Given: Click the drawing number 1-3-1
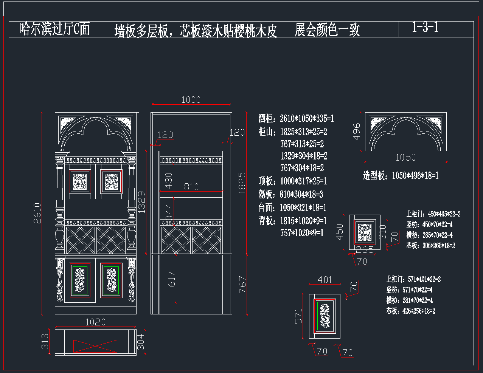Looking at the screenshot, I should click(425, 27).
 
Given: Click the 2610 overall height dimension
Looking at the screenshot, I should click(37, 213).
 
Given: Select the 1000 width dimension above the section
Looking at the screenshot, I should click(191, 99).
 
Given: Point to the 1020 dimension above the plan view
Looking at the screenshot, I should click(95, 322).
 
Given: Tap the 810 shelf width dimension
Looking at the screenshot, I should click(191, 187).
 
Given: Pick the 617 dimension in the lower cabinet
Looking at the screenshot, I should click(171, 279).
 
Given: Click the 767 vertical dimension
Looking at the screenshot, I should click(242, 284).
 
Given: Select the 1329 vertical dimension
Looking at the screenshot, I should click(141, 202).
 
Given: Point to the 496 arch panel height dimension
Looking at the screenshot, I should click(356, 132).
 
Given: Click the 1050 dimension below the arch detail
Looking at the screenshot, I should click(405, 157).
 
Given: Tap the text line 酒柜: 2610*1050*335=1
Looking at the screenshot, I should click(296, 119).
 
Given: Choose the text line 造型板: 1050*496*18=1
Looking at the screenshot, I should click(401, 176).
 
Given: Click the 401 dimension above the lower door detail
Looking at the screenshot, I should click(325, 280).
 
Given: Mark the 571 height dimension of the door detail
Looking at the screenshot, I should click(298, 316).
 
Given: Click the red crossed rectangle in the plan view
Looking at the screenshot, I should click(95, 346).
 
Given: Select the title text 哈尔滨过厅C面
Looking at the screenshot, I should click(55, 29).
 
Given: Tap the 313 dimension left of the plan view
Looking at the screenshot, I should click(45, 341).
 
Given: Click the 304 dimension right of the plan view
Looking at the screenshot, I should click(141, 341).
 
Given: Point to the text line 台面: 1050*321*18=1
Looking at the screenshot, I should click(292, 207).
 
